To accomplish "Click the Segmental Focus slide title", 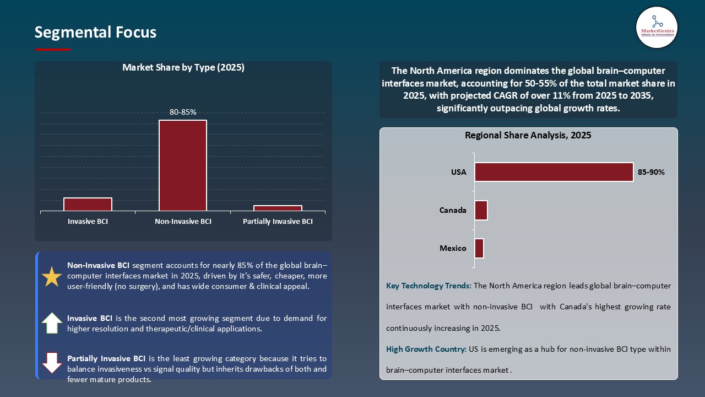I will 95,33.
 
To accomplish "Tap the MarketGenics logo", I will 657,28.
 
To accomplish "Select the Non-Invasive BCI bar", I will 183,165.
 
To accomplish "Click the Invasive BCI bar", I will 88,204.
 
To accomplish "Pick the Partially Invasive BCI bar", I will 278,208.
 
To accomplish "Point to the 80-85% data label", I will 183,112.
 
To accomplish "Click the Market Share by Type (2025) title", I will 183,68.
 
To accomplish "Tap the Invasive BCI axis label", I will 88,222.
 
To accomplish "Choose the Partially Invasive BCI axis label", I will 278,222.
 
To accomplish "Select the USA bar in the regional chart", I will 554,172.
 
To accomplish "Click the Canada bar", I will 481,210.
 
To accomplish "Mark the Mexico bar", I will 479,248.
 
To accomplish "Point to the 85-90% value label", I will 651,172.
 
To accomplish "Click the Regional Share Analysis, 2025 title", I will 528,135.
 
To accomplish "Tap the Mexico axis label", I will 453,248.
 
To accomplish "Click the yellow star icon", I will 52,277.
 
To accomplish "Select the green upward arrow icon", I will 52,323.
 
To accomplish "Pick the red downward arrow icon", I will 52,363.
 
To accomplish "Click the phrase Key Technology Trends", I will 429,286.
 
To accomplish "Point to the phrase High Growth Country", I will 426,349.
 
